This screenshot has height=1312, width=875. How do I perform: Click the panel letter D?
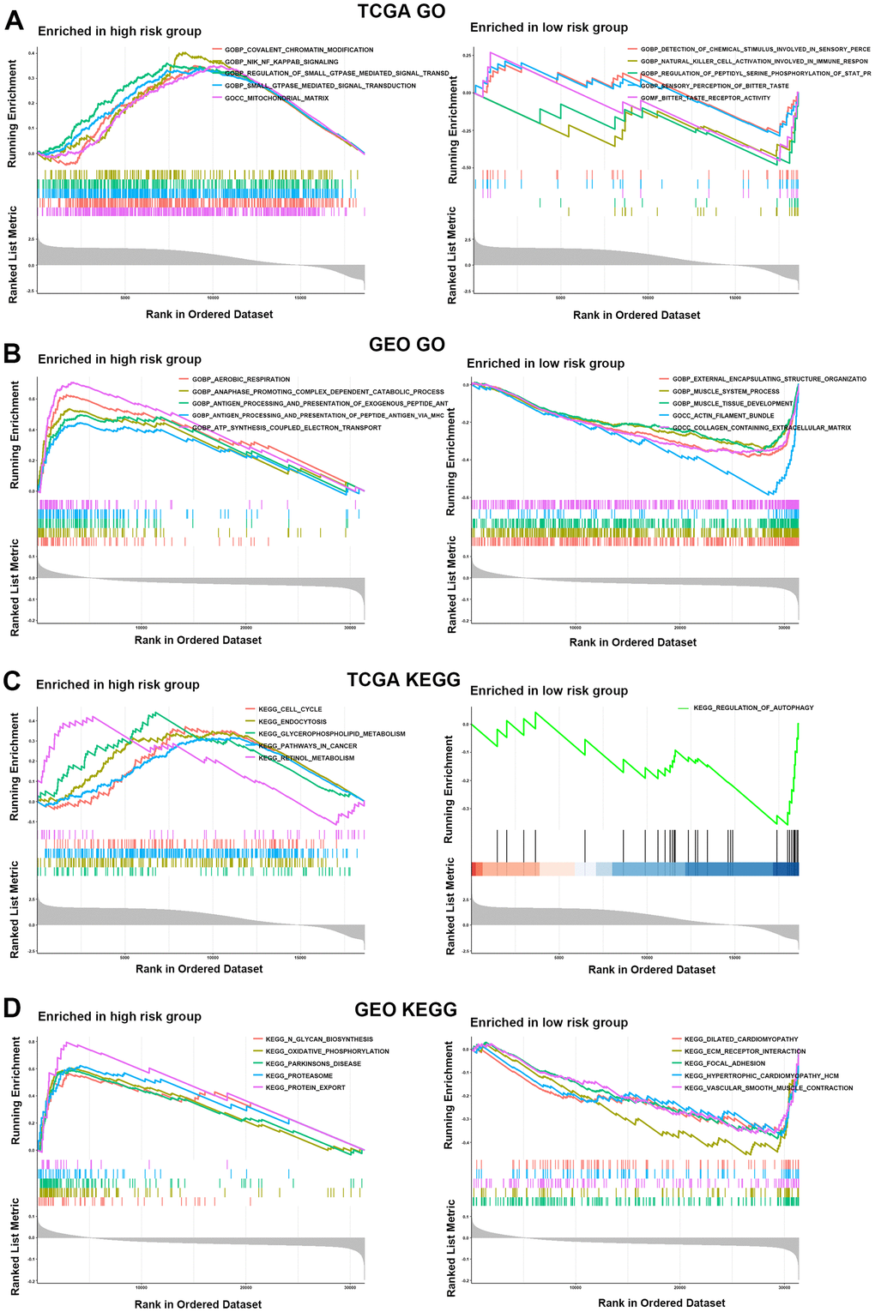pyautogui.click(x=13, y=1008)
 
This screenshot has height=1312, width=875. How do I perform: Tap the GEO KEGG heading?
pyautogui.click(x=406, y=1009)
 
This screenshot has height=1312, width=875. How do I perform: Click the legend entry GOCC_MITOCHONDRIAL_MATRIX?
pyautogui.click(x=276, y=98)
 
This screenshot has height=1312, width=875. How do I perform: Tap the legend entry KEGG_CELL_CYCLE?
pyautogui.click(x=282, y=709)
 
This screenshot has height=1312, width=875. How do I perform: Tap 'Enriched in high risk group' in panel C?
pyautogui.click(x=118, y=684)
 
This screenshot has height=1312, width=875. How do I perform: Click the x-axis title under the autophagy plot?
pyautogui.click(x=651, y=970)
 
